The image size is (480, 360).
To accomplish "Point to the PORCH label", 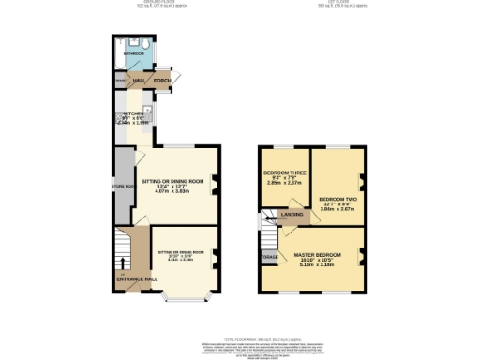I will click(161, 82).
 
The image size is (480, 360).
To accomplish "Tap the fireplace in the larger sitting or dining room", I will click(217, 184).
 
